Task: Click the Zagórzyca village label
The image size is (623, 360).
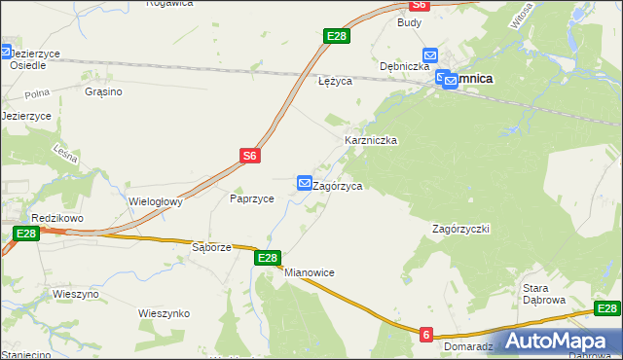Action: (x=339, y=186)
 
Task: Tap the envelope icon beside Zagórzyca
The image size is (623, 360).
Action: (x=305, y=182)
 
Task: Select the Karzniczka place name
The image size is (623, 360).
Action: (x=371, y=140)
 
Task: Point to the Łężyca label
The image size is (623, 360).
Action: (x=335, y=82)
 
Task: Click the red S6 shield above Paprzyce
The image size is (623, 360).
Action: (x=250, y=155)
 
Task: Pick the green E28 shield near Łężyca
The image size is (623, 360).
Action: (x=336, y=36)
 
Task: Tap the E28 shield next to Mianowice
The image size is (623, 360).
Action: (x=269, y=258)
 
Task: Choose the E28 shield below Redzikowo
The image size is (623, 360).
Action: (x=26, y=234)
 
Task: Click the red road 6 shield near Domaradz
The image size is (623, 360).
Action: (x=426, y=335)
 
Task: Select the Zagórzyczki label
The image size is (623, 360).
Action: (x=460, y=229)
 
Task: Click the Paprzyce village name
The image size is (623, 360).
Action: (x=251, y=198)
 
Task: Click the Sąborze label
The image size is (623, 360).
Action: (x=211, y=247)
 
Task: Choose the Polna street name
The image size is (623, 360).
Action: (x=38, y=94)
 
